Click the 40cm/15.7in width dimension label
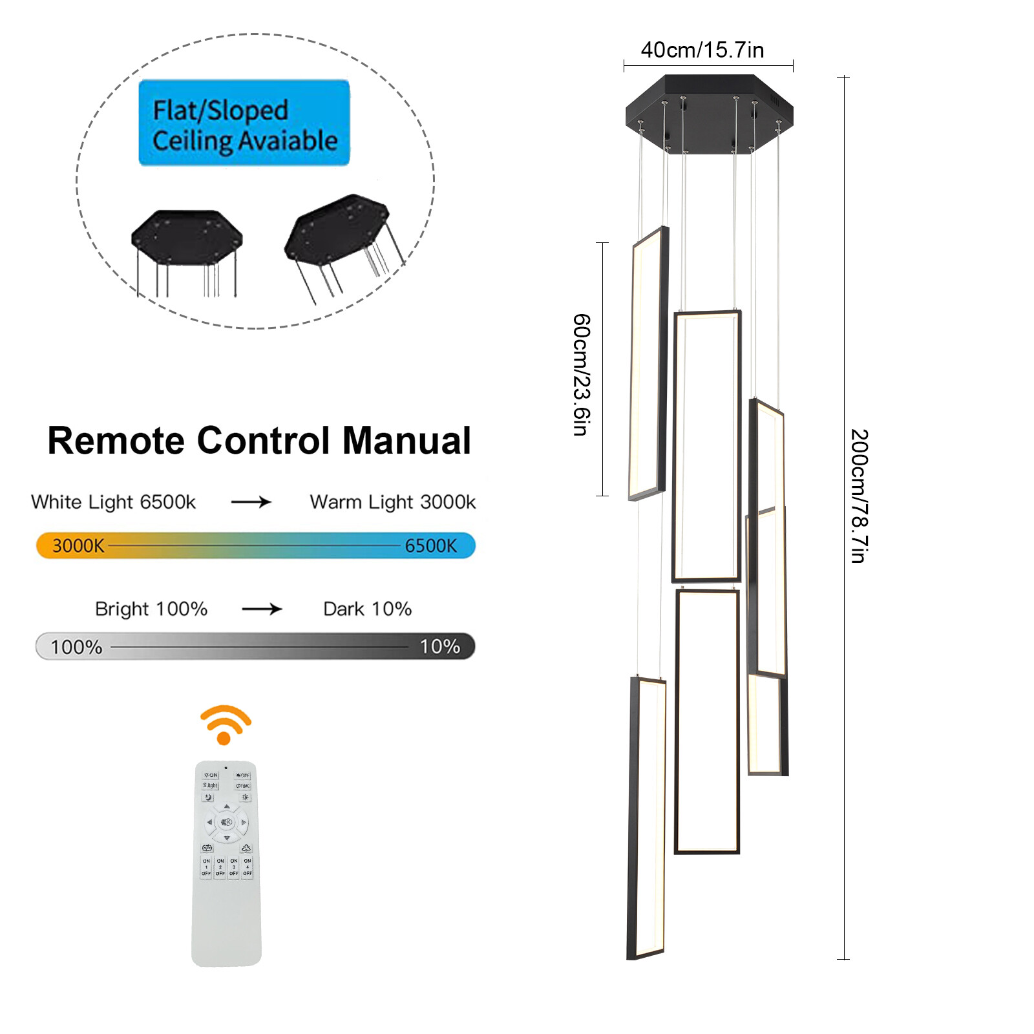(x=702, y=50)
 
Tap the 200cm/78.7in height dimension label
(x=859, y=496)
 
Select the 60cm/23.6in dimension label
(x=582, y=375)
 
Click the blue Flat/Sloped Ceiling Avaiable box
(x=244, y=123)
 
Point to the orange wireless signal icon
(x=225, y=724)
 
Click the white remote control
(x=226, y=905)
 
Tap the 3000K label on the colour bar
(x=78, y=546)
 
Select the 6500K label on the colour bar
(x=430, y=546)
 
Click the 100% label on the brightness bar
(x=76, y=647)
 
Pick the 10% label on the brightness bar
(x=439, y=646)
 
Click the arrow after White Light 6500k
(x=251, y=502)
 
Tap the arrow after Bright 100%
(x=262, y=609)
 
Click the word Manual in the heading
(x=406, y=441)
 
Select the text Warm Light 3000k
(x=392, y=502)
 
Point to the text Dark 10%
(x=367, y=609)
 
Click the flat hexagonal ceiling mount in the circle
(x=186, y=237)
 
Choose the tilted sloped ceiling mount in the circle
(x=337, y=229)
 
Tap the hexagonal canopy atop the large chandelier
(x=709, y=114)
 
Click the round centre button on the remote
(x=226, y=822)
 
